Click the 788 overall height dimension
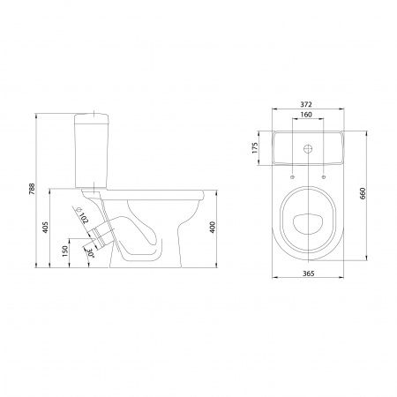click(32, 189)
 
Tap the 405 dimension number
click(45, 227)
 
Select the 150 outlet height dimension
click(65, 251)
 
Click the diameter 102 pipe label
click(82, 214)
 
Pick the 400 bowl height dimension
click(212, 227)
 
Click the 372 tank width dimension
click(306, 104)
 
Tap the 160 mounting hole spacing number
click(306, 115)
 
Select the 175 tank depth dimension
click(255, 148)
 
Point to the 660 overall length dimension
click(363, 193)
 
